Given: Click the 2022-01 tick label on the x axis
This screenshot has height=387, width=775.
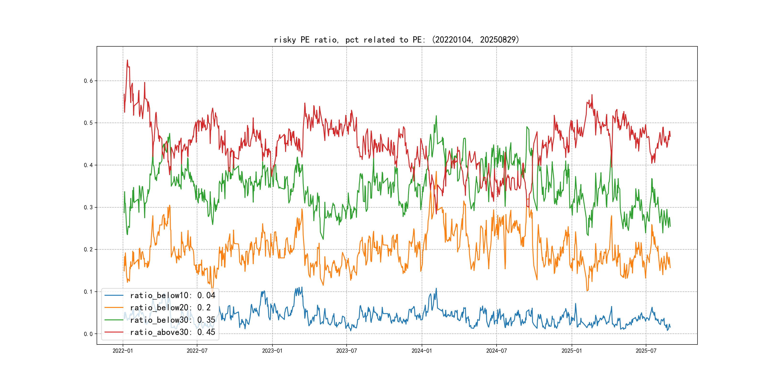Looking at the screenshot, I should point(122,351).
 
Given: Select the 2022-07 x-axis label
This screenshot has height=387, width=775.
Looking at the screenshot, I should point(197,351).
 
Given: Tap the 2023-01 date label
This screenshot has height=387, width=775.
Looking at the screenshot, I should point(272,351).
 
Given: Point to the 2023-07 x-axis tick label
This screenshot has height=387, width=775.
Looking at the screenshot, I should point(346,351).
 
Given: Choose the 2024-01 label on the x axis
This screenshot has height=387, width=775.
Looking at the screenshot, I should point(421,351).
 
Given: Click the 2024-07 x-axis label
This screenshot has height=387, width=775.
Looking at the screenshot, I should point(496,351).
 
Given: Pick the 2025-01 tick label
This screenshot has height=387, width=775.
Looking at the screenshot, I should point(572,351).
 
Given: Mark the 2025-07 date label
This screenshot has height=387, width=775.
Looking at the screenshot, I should point(646,351).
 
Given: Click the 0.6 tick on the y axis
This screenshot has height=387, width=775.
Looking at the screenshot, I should point(88,81).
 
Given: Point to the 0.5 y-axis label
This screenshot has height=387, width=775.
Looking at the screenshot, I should point(88,123).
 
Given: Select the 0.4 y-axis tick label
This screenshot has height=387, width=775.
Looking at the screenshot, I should point(88,165).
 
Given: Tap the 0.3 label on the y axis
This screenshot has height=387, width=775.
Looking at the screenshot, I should point(88,207).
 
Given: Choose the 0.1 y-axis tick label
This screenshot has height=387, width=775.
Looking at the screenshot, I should point(88,292).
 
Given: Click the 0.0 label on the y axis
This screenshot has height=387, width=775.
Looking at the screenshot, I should point(88,334).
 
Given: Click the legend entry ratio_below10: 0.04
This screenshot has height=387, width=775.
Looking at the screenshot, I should point(172,295).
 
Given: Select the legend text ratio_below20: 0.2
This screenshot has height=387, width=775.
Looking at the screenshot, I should point(170,308).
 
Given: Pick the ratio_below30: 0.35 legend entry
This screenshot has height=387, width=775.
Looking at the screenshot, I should point(172,320).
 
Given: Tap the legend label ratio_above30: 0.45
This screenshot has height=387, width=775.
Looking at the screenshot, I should point(172,332).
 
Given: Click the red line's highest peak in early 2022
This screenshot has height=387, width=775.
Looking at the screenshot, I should point(127,60).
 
